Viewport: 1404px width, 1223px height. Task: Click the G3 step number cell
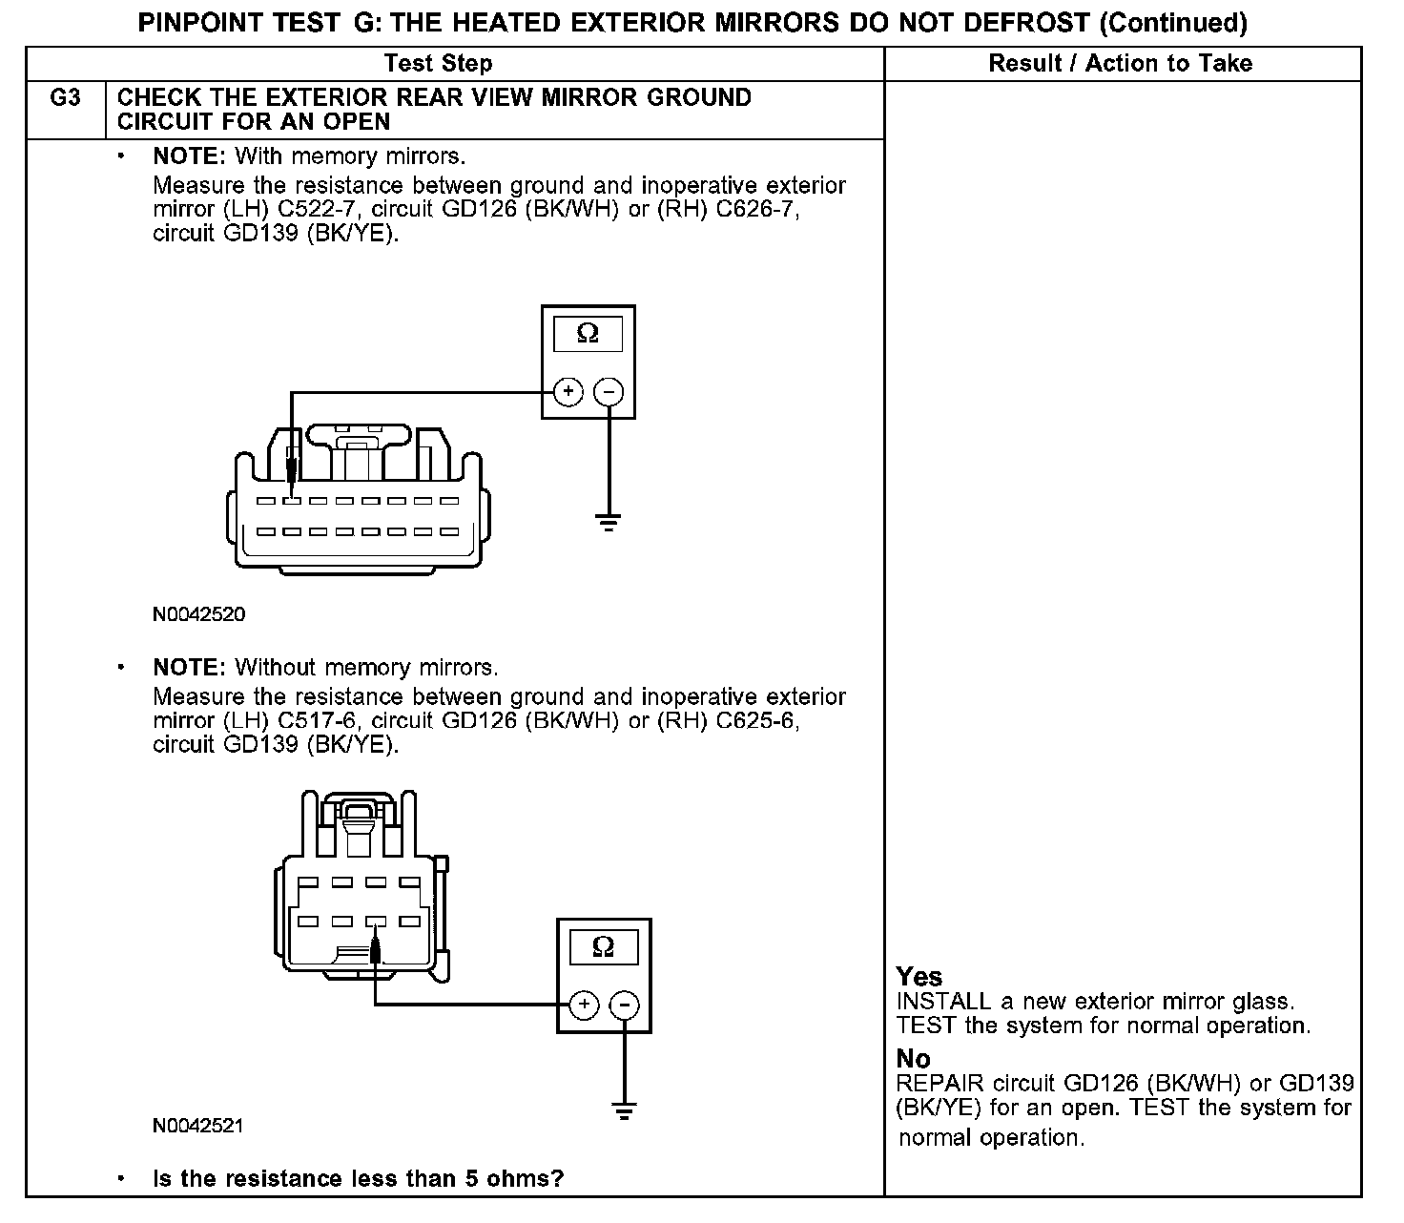pyautogui.click(x=65, y=98)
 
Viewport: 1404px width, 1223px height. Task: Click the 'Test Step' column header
pyautogui.click(x=438, y=64)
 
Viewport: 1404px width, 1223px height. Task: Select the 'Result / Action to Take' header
pyautogui.click(x=1120, y=64)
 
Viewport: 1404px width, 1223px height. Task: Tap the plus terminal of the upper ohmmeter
pyautogui.click(x=568, y=392)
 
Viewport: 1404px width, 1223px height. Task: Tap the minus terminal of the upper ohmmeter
pyautogui.click(x=609, y=392)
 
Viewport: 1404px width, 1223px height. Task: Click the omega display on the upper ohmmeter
pyautogui.click(x=588, y=334)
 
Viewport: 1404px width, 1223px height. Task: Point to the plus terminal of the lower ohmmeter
pyautogui.click(x=584, y=1005)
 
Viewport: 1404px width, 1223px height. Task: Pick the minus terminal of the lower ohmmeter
pyautogui.click(x=625, y=1005)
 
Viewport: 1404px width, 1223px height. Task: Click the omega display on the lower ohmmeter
pyautogui.click(x=604, y=947)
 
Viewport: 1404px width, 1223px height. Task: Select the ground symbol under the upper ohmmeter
pyautogui.click(x=609, y=522)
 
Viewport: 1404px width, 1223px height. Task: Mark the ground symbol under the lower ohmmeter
pyautogui.click(x=625, y=1109)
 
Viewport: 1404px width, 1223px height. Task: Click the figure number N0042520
pyautogui.click(x=198, y=615)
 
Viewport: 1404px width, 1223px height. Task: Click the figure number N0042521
pyautogui.click(x=198, y=1126)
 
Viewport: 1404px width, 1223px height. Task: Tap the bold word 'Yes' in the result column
pyautogui.click(x=919, y=977)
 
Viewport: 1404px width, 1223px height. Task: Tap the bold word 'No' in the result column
pyautogui.click(x=913, y=1059)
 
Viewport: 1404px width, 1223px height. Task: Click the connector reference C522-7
pyautogui.click(x=318, y=210)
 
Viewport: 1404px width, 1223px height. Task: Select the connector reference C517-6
pyautogui.click(x=318, y=721)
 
